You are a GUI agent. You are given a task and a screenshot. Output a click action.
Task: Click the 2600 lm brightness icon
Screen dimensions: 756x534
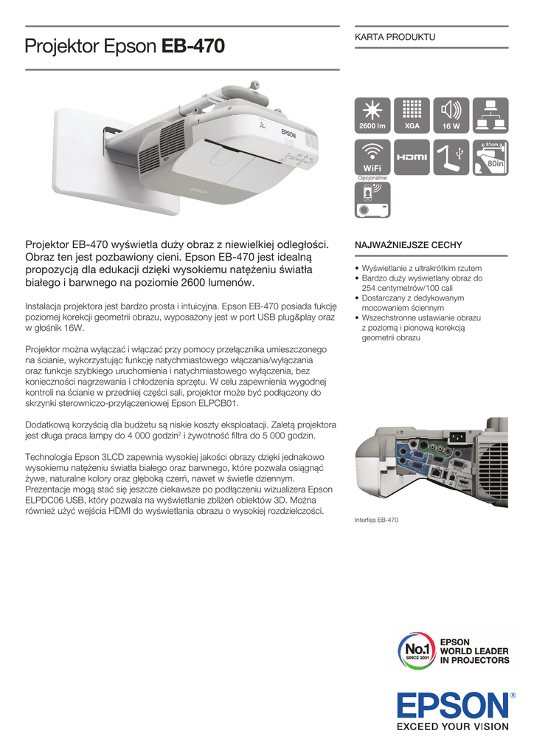372,114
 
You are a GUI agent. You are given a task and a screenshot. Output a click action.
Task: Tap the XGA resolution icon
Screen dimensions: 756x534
412,114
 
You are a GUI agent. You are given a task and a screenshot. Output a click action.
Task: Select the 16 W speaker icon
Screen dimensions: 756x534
451,114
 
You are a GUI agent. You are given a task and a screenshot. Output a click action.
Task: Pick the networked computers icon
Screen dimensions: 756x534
489,114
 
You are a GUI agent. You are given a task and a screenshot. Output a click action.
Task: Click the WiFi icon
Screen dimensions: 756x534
372,156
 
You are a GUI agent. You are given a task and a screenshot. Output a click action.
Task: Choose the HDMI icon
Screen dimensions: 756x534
412,156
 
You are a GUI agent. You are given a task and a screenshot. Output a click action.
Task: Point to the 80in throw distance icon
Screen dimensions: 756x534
489,156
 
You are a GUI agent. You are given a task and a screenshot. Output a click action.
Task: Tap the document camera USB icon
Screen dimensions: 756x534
451,156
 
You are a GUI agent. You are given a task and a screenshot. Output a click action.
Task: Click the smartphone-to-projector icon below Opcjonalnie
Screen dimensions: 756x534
372,199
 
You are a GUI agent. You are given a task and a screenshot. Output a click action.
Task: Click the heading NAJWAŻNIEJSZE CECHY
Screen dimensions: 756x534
409,243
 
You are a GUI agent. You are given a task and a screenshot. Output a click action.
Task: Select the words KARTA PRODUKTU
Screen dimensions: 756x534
395,36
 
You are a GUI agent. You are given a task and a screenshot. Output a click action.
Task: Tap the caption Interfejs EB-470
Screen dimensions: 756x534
376,520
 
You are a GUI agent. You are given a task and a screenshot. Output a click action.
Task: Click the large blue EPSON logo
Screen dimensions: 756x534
451,705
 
